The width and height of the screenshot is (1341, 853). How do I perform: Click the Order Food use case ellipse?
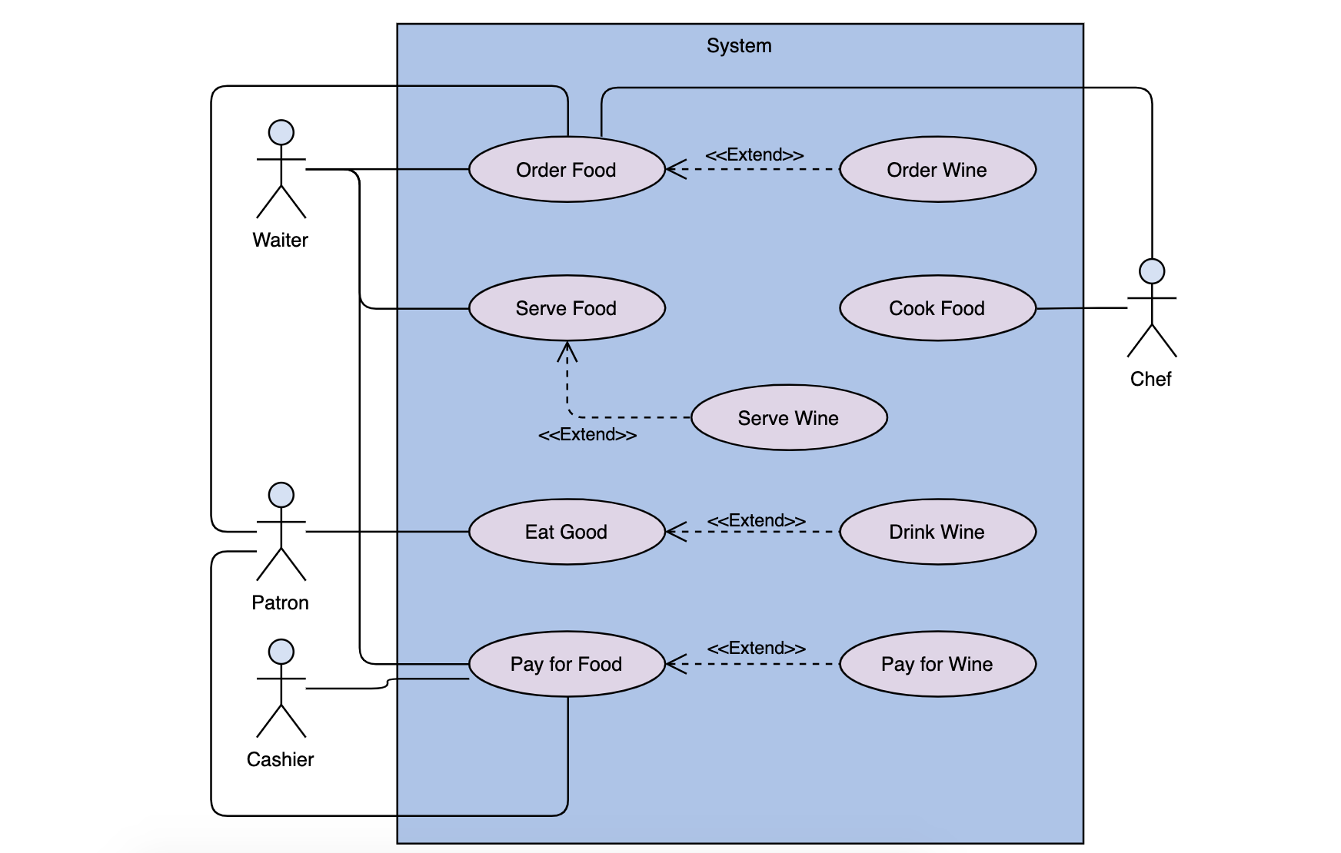(567, 170)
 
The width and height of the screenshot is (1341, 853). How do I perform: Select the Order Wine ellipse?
(937, 170)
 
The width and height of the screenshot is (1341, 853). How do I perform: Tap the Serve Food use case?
(567, 308)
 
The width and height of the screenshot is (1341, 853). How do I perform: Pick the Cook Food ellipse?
(937, 308)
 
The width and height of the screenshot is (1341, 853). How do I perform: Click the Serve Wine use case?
(789, 418)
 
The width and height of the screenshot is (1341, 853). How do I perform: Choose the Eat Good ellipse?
(567, 532)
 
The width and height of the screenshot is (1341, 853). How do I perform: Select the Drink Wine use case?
(937, 532)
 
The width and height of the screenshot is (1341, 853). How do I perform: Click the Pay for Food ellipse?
(567, 664)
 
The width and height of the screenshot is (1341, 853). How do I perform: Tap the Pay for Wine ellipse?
(937, 664)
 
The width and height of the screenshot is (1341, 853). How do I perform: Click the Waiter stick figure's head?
(281, 132)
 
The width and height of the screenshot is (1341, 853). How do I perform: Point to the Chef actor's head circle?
(1151, 271)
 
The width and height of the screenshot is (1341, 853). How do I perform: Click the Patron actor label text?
(280, 602)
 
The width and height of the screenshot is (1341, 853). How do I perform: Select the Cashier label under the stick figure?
(280, 759)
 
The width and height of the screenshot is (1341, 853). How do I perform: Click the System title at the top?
(739, 45)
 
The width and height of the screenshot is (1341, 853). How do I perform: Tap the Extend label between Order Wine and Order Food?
(754, 154)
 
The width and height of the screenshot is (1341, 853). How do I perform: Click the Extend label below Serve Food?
(587, 435)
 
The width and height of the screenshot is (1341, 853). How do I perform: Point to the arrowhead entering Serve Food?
(567, 350)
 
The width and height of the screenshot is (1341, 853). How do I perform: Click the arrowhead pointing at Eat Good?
(674, 532)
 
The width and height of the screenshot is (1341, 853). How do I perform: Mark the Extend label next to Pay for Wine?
(756, 648)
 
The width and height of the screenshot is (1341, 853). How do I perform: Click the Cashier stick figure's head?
(281, 652)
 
